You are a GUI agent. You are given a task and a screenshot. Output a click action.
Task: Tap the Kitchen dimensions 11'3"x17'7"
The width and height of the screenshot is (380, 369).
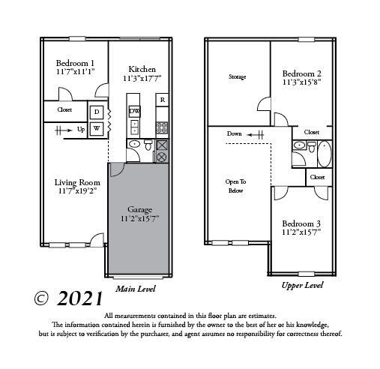pos(142,78)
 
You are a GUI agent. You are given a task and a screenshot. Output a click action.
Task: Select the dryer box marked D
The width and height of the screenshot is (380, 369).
pos(97,112)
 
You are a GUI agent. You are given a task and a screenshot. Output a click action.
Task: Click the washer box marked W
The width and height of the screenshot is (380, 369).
pos(97,127)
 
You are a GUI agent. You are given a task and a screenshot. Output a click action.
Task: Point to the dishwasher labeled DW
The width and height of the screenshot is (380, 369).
pos(134,111)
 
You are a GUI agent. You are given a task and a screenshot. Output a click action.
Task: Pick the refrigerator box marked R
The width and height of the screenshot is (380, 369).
pos(161,100)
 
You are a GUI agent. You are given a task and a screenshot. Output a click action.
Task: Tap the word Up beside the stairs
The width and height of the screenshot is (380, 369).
pos(81,129)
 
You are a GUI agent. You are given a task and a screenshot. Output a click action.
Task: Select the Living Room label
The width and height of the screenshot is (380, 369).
pos(77,181)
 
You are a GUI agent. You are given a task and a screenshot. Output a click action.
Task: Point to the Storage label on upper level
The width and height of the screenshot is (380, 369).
pos(237,77)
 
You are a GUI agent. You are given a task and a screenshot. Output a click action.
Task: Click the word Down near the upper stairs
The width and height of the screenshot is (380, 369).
pos(235,133)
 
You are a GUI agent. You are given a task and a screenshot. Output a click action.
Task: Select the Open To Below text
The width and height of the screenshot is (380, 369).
pos(236,186)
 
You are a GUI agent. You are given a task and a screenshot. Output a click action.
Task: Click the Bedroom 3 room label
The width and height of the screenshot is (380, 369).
pos(302,223)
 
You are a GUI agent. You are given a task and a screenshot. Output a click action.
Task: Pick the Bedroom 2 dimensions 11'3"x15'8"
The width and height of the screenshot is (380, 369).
pos(302,84)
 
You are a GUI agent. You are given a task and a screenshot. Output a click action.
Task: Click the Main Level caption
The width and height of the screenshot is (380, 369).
pos(135,288)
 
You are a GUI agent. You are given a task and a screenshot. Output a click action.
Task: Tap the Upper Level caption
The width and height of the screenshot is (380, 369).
pos(302,285)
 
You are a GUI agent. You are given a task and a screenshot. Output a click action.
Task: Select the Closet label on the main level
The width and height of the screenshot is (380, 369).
pos(64,110)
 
